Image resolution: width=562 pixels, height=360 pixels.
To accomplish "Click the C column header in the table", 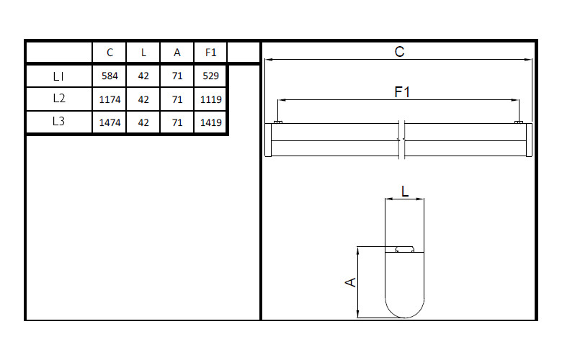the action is pyautogui.click(x=110, y=53).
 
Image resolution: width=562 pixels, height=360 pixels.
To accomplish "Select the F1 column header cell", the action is pyautogui.click(x=210, y=53).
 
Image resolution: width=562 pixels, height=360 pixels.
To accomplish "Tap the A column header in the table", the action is pyautogui.click(x=177, y=53).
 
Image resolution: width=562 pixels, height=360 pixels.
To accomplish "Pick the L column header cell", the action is pyautogui.click(x=143, y=53).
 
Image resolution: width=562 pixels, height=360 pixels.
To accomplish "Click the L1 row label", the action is pyautogui.click(x=58, y=76).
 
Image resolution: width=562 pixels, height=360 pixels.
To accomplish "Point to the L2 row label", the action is pyautogui.click(x=59, y=98).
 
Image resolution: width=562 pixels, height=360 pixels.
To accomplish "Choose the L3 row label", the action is pyautogui.click(x=58, y=122).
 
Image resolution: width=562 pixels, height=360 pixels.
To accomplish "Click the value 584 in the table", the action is pyautogui.click(x=110, y=76).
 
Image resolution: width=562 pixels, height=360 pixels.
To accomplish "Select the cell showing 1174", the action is pyautogui.click(x=110, y=99).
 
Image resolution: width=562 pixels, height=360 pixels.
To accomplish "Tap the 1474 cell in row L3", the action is pyautogui.click(x=110, y=122).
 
